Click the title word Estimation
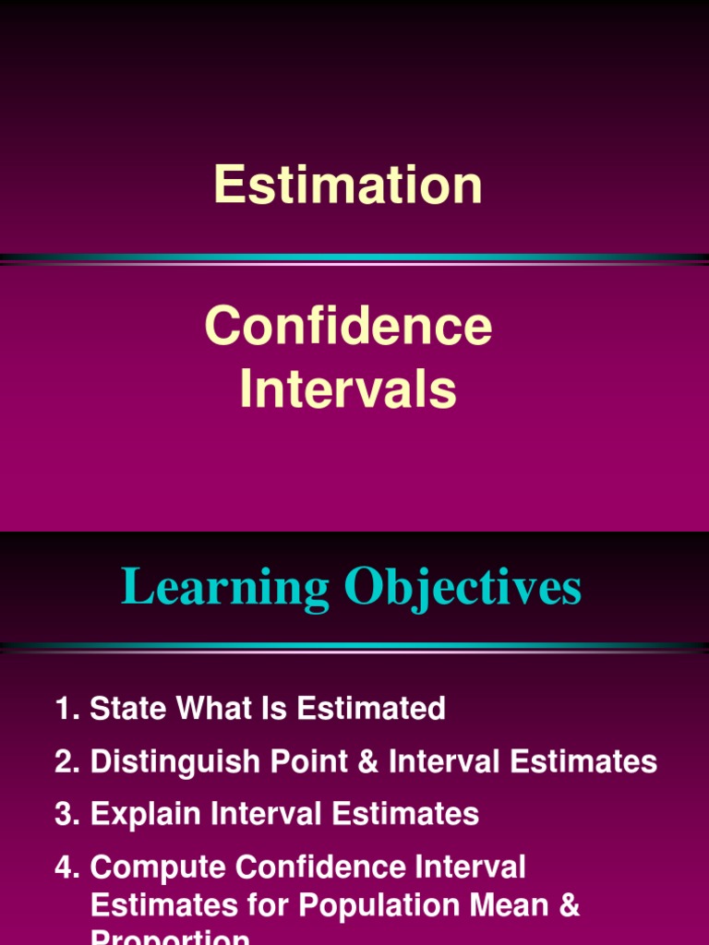tap(348, 185)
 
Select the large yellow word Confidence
tap(348, 327)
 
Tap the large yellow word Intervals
tap(348, 389)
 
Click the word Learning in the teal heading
tap(225, 588)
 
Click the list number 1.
tap(66, 709)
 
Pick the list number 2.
tap(66, 762)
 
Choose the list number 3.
tap(66, 815)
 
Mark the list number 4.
tap(66, 867)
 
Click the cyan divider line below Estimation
tap(354, 257)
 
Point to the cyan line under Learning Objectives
tap(354, 645)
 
